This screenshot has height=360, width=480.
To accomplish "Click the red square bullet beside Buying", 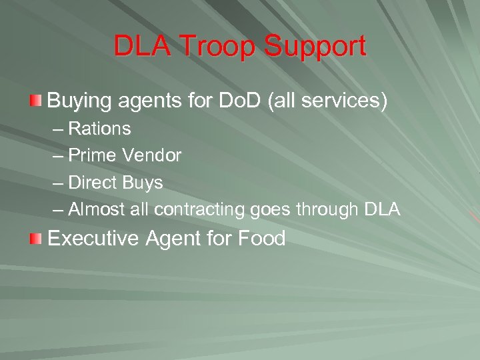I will [x=36, y=101].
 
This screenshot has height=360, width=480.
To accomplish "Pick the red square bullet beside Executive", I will [x=36, y=238].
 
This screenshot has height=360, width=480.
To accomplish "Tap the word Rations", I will [x=99, y=128].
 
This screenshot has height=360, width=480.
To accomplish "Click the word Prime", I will [x=93, y=155].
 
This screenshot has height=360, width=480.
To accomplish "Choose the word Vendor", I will [x=152, y=155].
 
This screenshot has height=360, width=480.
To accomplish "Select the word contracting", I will [x=200, y=210].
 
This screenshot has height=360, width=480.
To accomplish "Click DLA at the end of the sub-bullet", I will [x=383, y=210].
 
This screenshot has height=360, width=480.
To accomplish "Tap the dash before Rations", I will [x=57, y=128].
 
